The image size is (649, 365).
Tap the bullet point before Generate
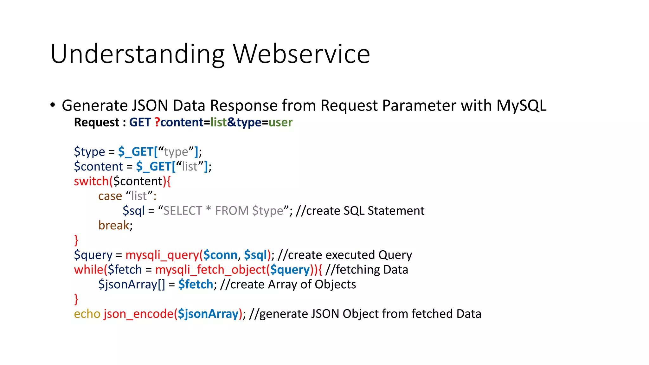[53, 105]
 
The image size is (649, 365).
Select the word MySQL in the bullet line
[521, 106]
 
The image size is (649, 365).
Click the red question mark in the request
[157, 122]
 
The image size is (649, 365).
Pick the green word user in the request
[280, 123]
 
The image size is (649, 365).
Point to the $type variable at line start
[89, 152]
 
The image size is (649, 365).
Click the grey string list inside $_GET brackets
[190, 166]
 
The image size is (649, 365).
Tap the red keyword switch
[91, 181]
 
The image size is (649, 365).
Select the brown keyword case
[110, 196]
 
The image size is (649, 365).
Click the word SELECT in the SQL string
[183, 211]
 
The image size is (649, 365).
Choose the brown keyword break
[114, 225]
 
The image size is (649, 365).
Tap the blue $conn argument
[220, 255]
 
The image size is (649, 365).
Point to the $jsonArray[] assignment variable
[131, 285]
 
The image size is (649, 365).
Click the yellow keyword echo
[87, 314]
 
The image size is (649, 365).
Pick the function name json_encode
[138, 314]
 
